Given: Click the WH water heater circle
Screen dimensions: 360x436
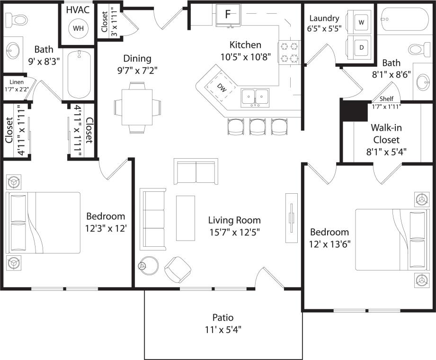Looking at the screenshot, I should [78, 28].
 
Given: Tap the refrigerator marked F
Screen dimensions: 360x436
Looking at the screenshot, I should [228, 14].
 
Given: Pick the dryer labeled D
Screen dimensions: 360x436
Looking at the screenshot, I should [361, 48].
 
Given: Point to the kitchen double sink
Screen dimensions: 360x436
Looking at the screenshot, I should [255, 98].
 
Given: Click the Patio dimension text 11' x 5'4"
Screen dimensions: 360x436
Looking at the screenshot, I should [223, 329].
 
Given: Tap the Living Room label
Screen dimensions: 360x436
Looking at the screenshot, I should [234, 220].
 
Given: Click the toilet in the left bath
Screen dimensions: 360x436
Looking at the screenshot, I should [18, 19].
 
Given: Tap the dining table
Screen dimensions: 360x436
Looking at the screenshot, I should [137, 107].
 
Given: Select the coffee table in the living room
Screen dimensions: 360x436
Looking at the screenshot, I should [185, 218].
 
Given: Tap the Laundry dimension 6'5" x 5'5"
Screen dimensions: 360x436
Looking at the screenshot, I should [324, 28].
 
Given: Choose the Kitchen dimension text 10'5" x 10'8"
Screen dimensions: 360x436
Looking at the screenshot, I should [245, 57].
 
